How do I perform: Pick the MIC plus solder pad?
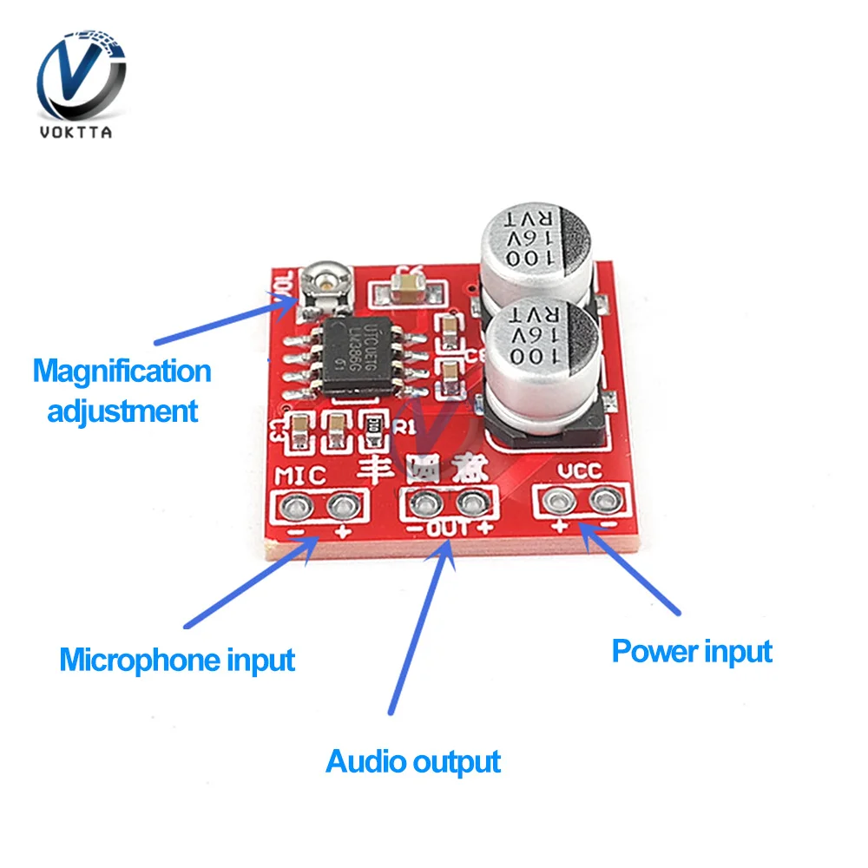[x=343, y=504]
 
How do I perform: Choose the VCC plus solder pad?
[x=556, y=499]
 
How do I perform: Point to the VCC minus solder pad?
[x=602, y=499]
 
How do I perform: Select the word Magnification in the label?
[x=122, y=372]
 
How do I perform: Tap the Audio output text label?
[x=413, y=762]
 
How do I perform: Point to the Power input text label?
[x=692, y=651]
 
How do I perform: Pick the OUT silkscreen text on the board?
[x=448, y=527]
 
